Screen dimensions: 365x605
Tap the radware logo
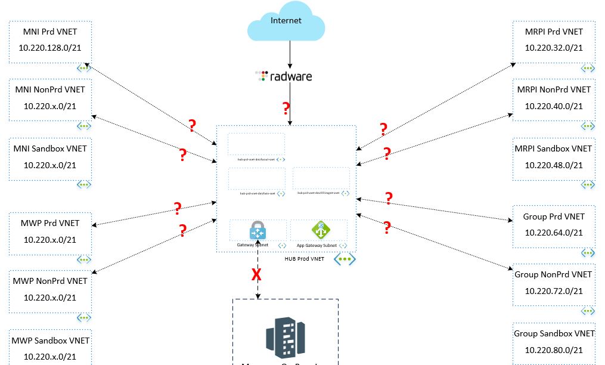tap(284, 76)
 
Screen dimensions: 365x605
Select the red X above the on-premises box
tap(257, 275)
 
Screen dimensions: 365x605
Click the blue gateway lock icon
tap(257, 230)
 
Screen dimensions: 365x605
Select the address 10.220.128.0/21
tap(50, 48)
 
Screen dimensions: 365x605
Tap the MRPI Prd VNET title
tap(554, 31)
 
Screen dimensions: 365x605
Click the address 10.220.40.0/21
tap(554, 106)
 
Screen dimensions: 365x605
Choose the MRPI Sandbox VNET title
tap(554, 149)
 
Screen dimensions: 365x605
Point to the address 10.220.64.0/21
tap(554, 233)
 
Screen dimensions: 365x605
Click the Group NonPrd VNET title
tap(554, 274)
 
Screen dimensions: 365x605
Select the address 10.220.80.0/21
tap(554, 350)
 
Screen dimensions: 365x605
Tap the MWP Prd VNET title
tap(50, 223)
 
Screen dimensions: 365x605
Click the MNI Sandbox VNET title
tap(50, 149)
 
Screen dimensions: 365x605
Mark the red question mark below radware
tap(286, 109)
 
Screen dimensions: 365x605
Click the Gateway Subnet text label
tap(253, 245)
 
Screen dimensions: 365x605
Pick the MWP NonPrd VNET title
tap(50, 280)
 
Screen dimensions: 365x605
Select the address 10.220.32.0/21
tap(554, 48)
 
